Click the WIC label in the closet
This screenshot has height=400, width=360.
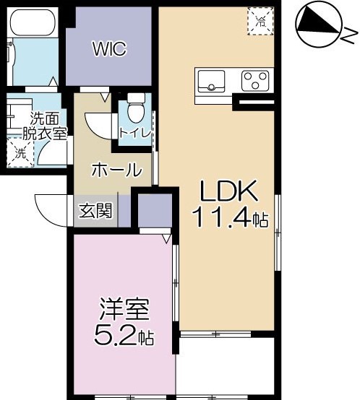(x=110, y=48)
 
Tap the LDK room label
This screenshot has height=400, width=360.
(x=228, y=191)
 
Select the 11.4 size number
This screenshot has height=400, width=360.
(x=221, y=217)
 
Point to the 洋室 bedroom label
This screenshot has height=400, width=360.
(x=124, y=309)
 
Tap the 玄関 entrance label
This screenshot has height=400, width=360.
(x=95, y=211)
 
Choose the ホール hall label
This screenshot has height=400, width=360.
(x=116, y=170)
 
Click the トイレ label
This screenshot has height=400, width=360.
(x=135, y=133)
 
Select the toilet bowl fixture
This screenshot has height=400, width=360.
(x=136, y=108)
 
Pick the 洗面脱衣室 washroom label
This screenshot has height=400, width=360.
(x=45, y=126)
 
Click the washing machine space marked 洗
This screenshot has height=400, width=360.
(x=20, y=152)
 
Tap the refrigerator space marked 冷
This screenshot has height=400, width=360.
(x=260, y=21)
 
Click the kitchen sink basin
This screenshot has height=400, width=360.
(x=211, y=81)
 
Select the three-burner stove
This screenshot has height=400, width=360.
(x=255, y=81)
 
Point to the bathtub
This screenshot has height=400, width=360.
(x=33, y=23)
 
